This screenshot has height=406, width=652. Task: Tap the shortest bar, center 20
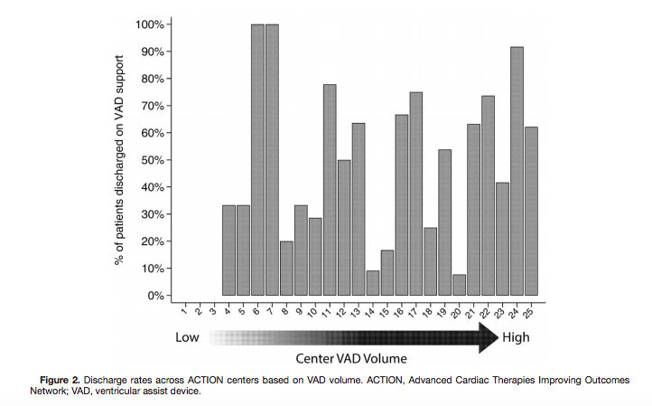[x=459, y=285]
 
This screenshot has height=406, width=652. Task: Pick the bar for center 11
[x=330, y=190]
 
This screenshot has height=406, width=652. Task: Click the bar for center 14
[x=373, y=283]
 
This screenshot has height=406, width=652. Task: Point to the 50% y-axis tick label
[x=152, y=160]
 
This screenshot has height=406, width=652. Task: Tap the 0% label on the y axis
[x=155, y=296]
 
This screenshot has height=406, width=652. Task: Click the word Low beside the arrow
[x=189, y=338]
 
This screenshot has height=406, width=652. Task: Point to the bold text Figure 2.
[x=67, y=379]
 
